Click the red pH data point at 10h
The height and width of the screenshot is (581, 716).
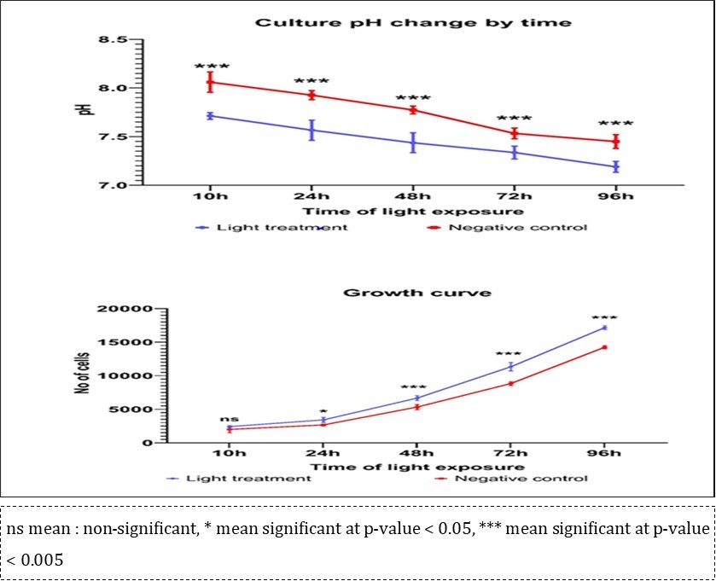210,82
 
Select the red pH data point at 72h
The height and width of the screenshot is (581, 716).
515,133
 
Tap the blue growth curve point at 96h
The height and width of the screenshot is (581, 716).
603,328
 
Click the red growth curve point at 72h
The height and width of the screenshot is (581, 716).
511,383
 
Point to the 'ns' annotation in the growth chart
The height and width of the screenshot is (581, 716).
229,419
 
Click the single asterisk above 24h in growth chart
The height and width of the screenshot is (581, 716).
323,411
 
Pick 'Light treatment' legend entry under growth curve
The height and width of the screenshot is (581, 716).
265,479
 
